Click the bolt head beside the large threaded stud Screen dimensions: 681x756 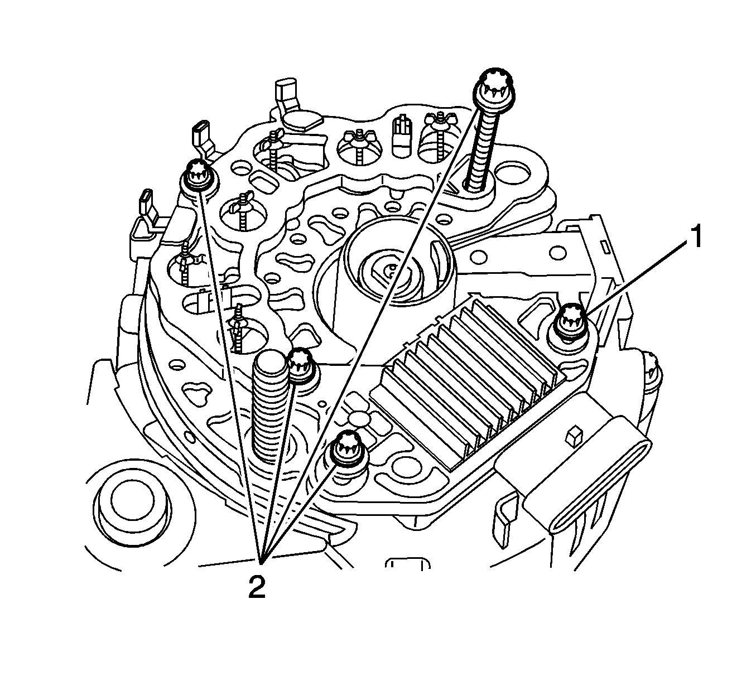(x=301, y=365)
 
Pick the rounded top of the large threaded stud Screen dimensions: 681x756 (x=270, y=363)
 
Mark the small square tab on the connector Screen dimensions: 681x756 (x=571, y=436)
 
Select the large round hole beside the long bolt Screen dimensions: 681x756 (x=514, y=173)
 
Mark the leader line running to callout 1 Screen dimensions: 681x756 (x=636, y=277)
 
